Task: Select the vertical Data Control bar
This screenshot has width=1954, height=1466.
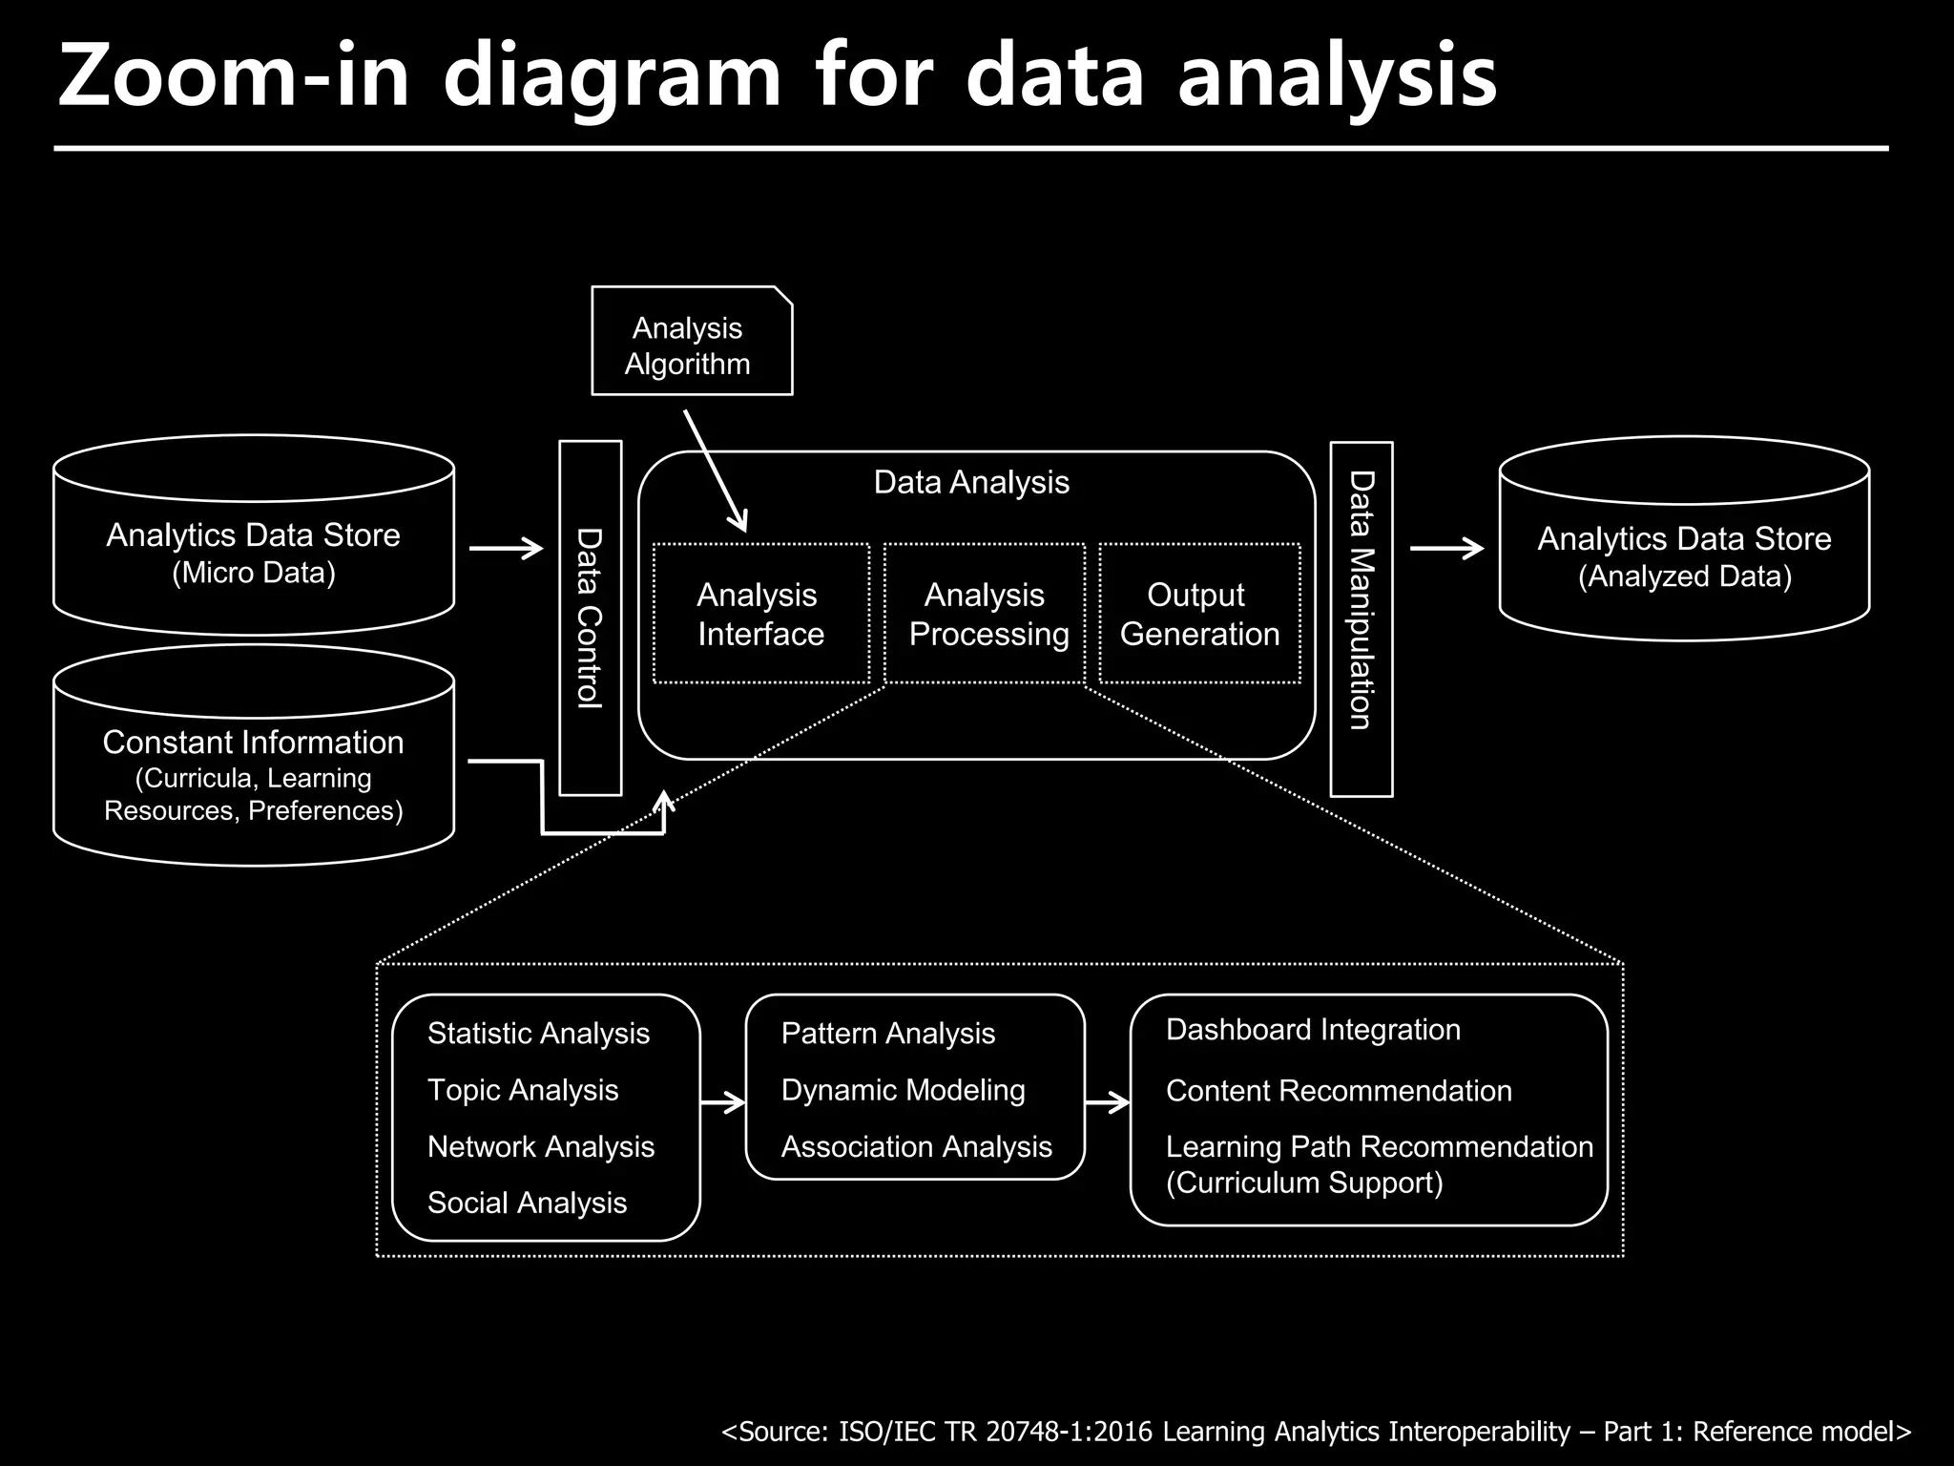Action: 590,618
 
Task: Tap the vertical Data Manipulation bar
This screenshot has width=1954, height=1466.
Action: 1362,618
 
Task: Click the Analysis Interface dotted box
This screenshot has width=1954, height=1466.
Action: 760,614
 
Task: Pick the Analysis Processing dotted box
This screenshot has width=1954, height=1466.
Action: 985,614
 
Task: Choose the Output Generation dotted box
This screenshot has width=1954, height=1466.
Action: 1199,614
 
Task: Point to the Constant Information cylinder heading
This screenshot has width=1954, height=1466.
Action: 254,742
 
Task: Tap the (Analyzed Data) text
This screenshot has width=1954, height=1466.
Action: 1684,576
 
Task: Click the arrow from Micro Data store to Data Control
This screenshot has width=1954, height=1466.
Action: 507,548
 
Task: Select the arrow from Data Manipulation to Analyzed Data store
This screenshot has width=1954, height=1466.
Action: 1446,548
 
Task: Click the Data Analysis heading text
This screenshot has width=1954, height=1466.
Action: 971,482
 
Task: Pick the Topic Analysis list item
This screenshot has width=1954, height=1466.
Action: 523,1090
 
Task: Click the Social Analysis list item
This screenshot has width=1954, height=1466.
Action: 527,1203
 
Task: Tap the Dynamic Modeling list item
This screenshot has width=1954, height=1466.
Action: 903,1090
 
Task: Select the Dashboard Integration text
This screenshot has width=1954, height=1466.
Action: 1313,1030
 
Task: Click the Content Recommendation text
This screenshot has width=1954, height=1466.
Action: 1339,1091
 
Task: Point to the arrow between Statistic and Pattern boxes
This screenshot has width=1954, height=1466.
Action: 722,1103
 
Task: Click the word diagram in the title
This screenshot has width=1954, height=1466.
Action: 612,78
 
